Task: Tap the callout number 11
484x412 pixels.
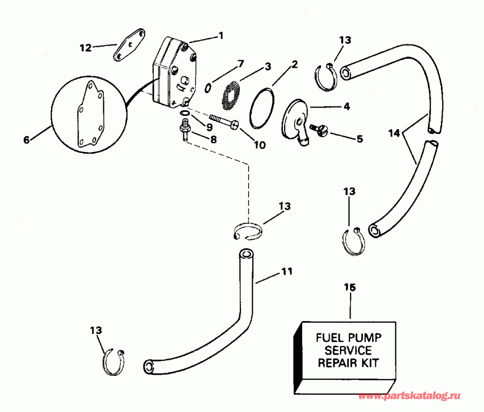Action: (x=287, y=272)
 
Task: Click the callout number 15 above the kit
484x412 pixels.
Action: (x=350, y=288)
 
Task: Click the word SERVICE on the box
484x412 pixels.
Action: (x=348, y=350)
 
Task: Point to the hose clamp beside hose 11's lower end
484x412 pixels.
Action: (x=113, y=361)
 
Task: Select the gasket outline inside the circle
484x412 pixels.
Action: (x=89, y=113)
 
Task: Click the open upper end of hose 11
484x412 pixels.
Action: (x=246, y=253)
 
